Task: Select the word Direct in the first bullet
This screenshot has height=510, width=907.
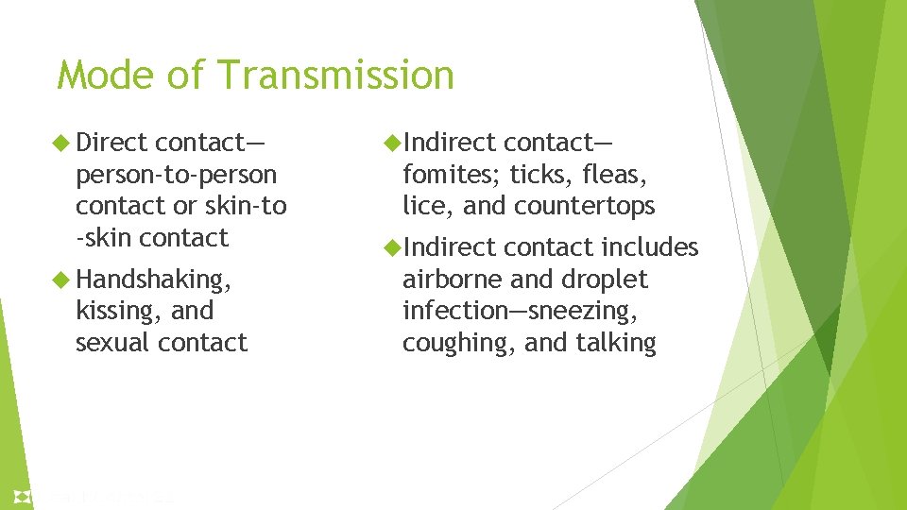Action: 111,143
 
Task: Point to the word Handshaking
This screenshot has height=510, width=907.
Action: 152,280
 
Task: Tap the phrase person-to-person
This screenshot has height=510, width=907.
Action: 177,175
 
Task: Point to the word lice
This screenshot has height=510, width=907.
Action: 421,206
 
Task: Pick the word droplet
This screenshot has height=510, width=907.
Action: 605,280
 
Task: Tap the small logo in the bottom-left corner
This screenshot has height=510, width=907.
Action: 21,496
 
